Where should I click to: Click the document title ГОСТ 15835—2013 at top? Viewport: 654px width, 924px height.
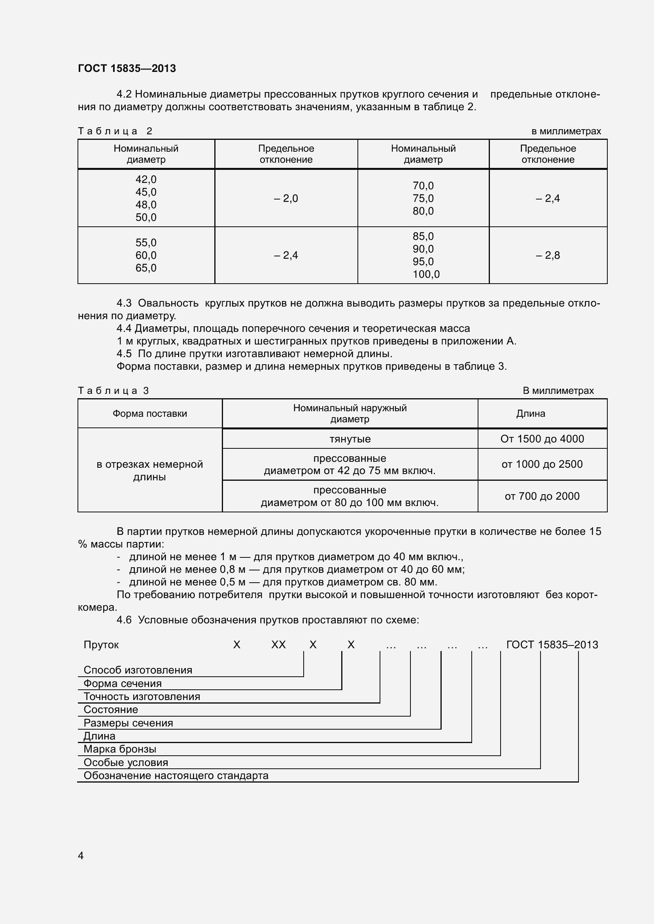click(127, 68)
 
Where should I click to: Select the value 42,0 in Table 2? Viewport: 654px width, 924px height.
click(146, 179)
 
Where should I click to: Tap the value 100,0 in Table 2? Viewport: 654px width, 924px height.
click(426, 275)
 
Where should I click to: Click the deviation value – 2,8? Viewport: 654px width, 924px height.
click(548, 256)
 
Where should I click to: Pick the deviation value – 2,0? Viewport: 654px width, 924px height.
click(286, 198)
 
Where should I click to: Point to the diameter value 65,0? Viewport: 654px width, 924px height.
click(146, 268)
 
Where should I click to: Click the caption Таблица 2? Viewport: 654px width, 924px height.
click(115, 131)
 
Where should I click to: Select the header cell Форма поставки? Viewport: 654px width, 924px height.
click(150, 414)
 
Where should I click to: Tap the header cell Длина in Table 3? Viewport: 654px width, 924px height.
click(530, 414)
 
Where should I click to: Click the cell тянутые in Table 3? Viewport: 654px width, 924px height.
click(350, 439)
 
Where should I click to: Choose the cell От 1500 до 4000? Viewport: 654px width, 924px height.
click(542, 439)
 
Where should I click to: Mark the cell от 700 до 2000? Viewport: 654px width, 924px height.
click(542, 496)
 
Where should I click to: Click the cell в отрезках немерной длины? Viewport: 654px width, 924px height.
click(150, 470)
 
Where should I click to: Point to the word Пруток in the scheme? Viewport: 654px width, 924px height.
click(101, 645)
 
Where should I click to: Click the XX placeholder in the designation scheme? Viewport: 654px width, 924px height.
click(278, 645)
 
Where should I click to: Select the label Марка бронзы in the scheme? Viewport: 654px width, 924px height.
click(120, 749)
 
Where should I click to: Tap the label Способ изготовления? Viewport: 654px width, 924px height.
click(138, 670)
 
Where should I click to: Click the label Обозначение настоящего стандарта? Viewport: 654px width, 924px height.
click(176, 775)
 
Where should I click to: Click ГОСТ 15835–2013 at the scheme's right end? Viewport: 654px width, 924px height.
click(552, 645)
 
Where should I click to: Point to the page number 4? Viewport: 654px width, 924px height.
click(81, 856)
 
